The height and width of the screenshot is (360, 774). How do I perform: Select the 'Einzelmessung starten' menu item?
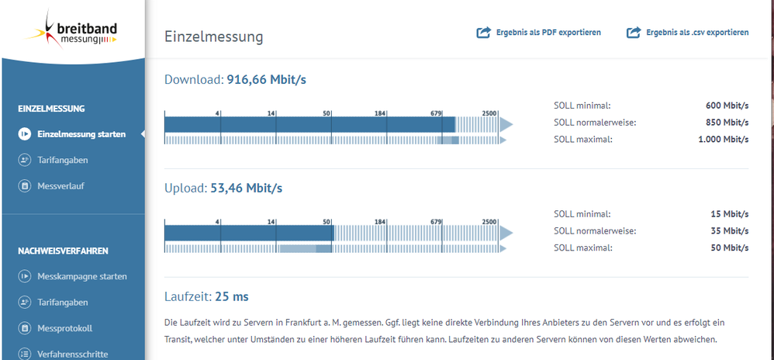pyautogui.click(x=81, y=134)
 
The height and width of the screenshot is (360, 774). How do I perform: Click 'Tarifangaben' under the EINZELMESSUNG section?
pyautogui.click(x=62, y=160)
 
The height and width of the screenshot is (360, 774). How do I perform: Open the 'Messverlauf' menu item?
pyautogui.click(x=61, y=186)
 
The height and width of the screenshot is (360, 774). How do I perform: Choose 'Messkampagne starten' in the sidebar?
pyautogui.click(x=81, y=276)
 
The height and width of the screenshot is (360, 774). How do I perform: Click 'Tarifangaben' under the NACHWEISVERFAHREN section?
pyautogui.click(x=62, y=303)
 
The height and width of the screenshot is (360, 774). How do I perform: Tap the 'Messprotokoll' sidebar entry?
pyautogui.click(x=64, y=328)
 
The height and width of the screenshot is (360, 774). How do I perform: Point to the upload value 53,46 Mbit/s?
pyautogui.click(x=246, y=188)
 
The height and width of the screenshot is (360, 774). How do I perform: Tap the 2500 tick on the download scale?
pyautogui.click(x=489, y=113)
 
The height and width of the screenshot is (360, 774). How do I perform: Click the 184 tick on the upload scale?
pyautogui.click(x=380, y=221)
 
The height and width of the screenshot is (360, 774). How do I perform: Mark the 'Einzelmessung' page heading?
pyautogui.click(x=213, y=36)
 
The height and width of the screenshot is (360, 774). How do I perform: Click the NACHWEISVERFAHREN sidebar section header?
pyautogui.click(x=63, y=251)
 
